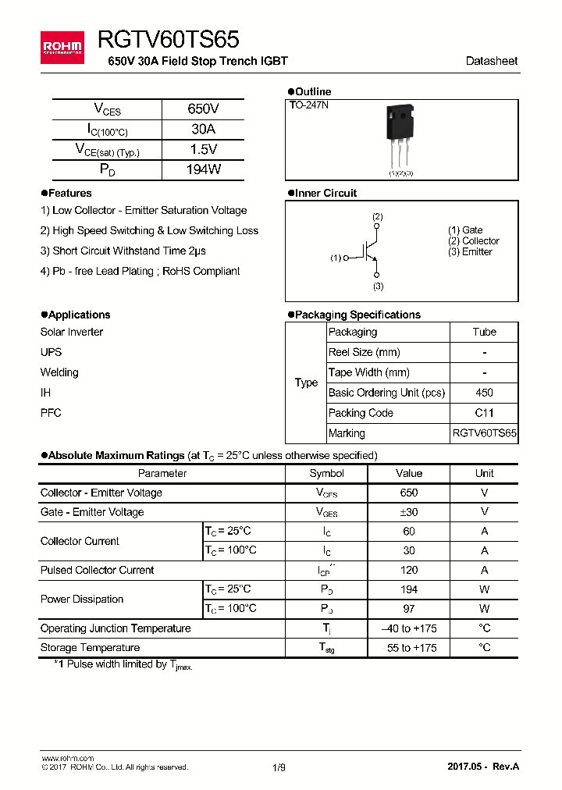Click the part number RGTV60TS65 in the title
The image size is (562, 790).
pyautogui.click(x=168, y=39)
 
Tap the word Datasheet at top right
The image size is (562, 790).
pyautogui.click(x=491, y=61)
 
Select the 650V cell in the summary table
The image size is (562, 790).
pyautogui.click(x=203, y=109)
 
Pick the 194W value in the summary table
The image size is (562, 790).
pyautogui.click(x=203, y=169)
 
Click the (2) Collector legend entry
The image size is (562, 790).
pyautogui.click(x=473, y=241)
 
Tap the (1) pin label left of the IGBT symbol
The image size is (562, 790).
pyautogui.click(x=336, y=258)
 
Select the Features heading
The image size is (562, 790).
pyautogui.click(x=69, y=193)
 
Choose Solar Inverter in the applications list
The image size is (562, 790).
pyautogui.click(x=72, y=332)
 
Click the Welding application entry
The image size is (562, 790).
pyautogui.click(x=59, y=372)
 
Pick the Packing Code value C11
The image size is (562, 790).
pyautogui.click(x=484, y=413)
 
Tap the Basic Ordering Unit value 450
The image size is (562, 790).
pyautogui.click(x=484, y=393)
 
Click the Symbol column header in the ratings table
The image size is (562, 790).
pyautogui.click(x=326, y=473)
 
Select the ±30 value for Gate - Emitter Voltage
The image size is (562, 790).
pyautogui.click(x=408, y=512)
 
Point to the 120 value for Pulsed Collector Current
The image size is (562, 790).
pyautogui.click(x=408, y=570)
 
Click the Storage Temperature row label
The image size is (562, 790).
pyautogui.click(x=91, y=647)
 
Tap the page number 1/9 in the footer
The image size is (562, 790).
pyautogui.click(x=279, y=767)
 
